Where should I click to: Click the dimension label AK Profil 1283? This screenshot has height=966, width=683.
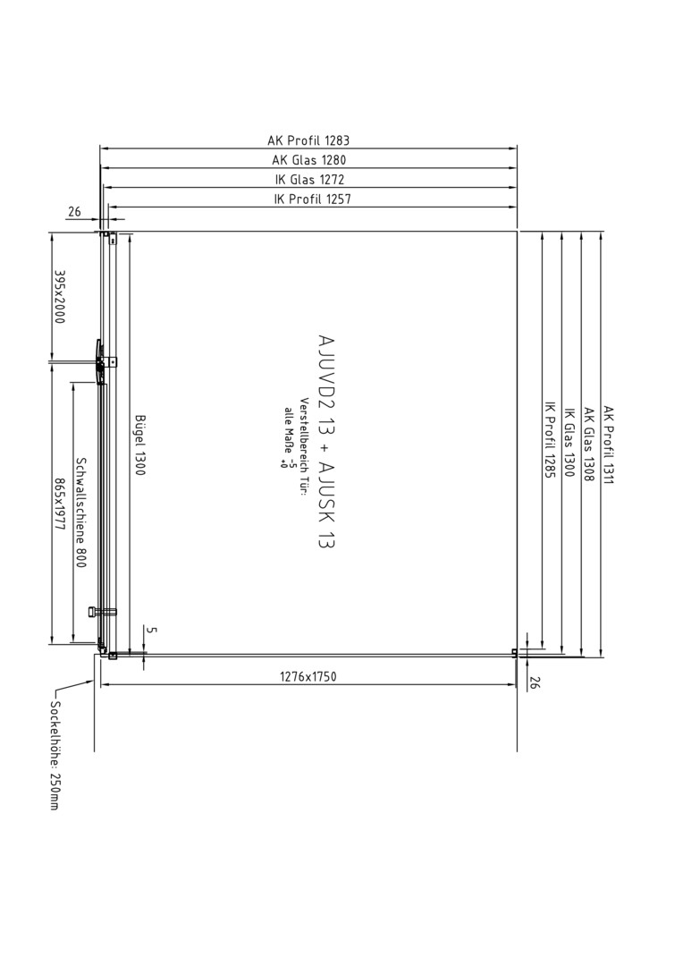coord(308,140)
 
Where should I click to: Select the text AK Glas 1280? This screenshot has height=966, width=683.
coord(309,160)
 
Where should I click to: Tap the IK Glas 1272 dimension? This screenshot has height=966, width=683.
coord(309,180)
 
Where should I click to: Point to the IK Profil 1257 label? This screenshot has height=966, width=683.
coord(312,199)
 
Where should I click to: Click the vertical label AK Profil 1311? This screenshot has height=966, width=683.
coord(609,445)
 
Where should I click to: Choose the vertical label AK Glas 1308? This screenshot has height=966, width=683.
coord(589,445)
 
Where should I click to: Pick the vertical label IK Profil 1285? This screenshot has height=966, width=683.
coord(550,440)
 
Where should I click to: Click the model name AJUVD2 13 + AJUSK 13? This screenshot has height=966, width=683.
coord(326,441)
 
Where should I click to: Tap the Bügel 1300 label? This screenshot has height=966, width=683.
coord(139,445)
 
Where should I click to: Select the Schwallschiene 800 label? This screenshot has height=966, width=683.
coord(80,513)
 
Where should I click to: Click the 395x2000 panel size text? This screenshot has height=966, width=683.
coord(60,296)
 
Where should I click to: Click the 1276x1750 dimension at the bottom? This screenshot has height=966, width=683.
coord(308,676)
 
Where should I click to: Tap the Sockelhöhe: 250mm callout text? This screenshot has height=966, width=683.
coord(55,755)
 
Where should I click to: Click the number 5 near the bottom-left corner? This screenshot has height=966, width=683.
coord(153,631)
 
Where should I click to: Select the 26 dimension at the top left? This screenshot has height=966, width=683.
coord(74,212)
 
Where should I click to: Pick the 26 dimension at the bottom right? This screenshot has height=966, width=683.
coord(534,682)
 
